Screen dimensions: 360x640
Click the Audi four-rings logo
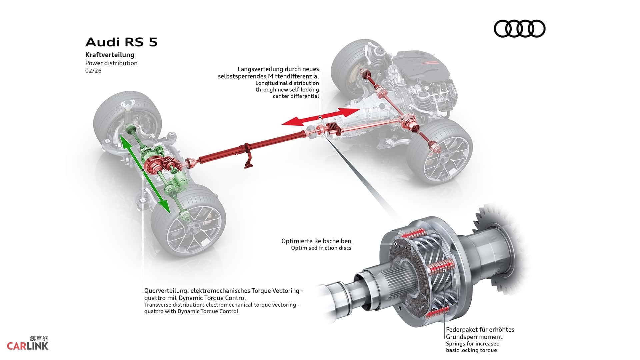click(x=519, y=29)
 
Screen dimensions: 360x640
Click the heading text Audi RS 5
click(x=121, y=42)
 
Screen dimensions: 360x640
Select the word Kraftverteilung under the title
click(x=110, y=55)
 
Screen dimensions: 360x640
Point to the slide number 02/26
click(x=93, y=71)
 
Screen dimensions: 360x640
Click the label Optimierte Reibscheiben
click(x=316, y=241)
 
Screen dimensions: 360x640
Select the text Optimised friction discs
click(x=321, y=248)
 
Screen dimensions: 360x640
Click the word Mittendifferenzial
click(x=293, y=76)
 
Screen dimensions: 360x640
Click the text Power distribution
click(x=111, y=63)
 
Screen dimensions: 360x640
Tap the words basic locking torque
click(x=471, y=350)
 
